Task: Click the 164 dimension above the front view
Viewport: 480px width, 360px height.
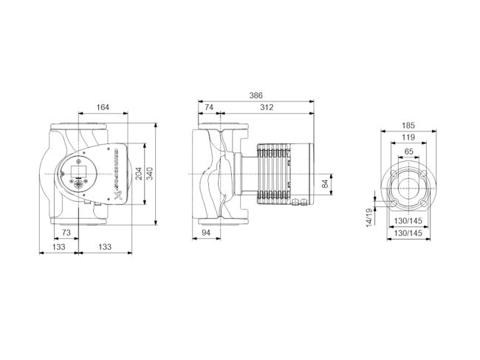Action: (103, 108)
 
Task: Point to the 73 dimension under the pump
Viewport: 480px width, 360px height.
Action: (66, 233)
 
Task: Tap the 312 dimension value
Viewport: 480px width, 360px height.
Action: (267, 108)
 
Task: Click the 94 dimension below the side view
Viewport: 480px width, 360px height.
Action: (205, 233)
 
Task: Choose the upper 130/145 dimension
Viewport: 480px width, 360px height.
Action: (408, 221)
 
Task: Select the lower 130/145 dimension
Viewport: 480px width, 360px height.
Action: (408, 233)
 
